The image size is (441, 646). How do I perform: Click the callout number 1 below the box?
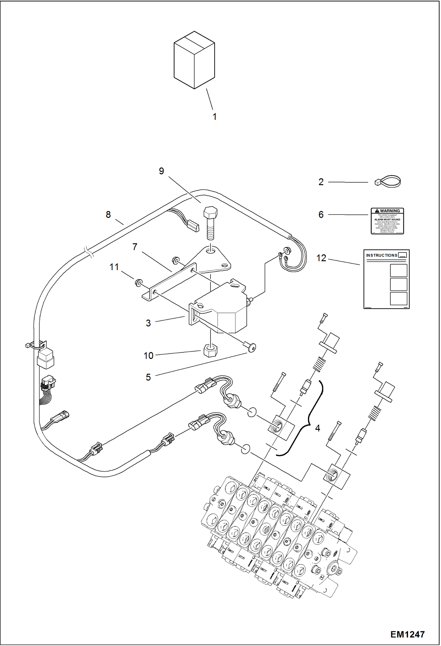click(215, 117)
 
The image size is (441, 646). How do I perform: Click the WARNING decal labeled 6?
click(387, 221)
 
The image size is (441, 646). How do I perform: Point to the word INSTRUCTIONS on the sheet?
click(382, 255)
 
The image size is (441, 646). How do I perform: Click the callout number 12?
click(321, 258)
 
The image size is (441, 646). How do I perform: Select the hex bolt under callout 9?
click(210, 223)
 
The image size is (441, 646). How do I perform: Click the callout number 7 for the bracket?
click(135, 247)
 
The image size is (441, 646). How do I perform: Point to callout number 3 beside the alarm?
click(148, 323)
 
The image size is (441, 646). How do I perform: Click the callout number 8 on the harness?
click(108, 214)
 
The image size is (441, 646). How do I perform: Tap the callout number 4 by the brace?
click(317, 428)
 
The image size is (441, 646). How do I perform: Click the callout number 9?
click(161, 171)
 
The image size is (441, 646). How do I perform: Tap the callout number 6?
click(321, 214)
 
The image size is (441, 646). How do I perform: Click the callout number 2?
click(321, 182)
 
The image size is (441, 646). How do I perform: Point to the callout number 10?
click(148, 356)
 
